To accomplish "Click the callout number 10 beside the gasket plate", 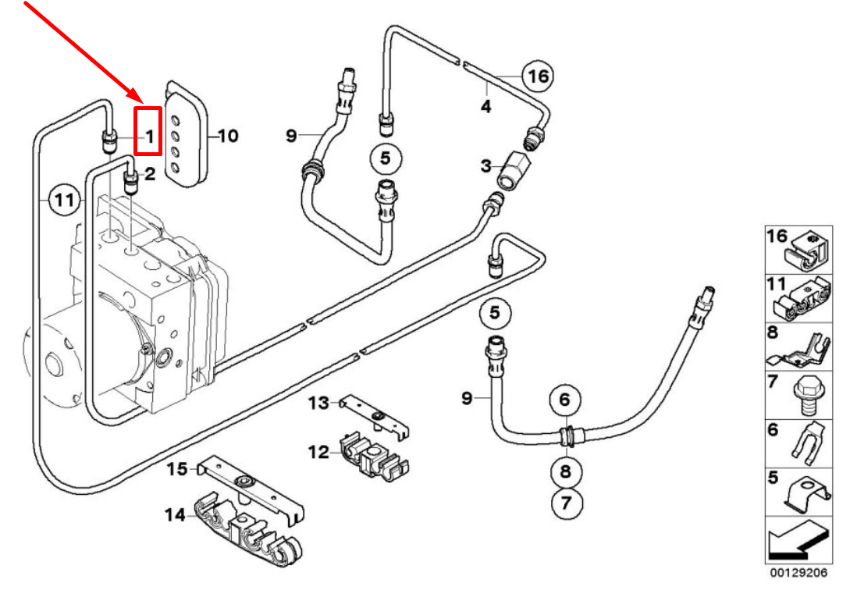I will [x=227, y=136].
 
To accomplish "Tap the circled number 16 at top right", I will [x=536, y=76].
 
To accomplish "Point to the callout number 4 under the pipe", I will [x=485, y=106].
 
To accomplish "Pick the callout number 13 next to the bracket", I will [x=318, y=403].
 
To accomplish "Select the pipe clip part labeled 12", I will [x=373, y=455].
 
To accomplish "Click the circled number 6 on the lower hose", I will [x=565, y=400].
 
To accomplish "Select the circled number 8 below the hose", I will [x=566, y=471].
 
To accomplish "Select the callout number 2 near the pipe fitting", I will [x=150, y=174].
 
